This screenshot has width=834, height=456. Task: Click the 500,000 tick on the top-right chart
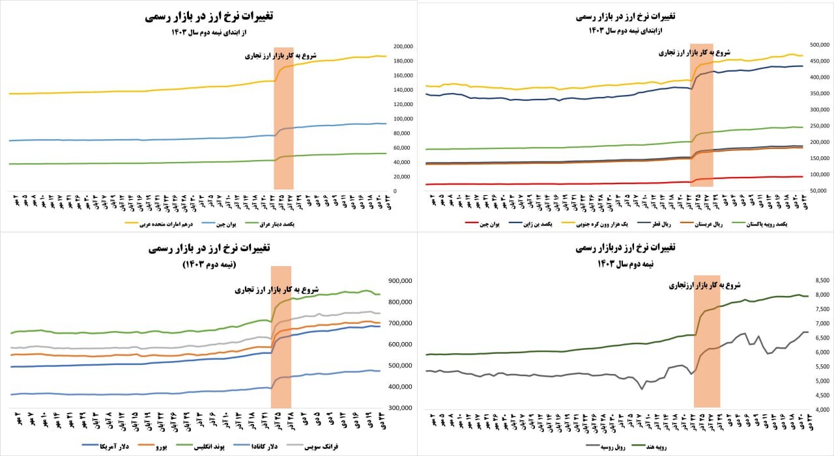818,45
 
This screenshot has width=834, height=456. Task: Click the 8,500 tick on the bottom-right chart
820,281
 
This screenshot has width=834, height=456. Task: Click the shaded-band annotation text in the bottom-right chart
706,284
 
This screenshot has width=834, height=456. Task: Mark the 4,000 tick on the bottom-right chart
820,410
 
